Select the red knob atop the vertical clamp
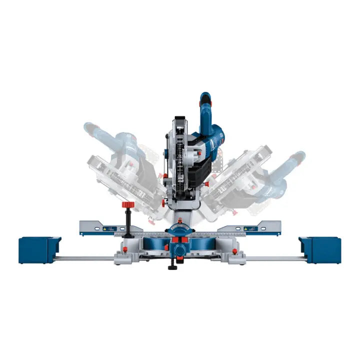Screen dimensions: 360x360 tap(128, 206)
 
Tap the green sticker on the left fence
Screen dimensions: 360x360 tap(105, 228)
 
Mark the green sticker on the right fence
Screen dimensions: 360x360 tap(248, 228)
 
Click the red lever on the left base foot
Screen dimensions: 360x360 tap(122, 248)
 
